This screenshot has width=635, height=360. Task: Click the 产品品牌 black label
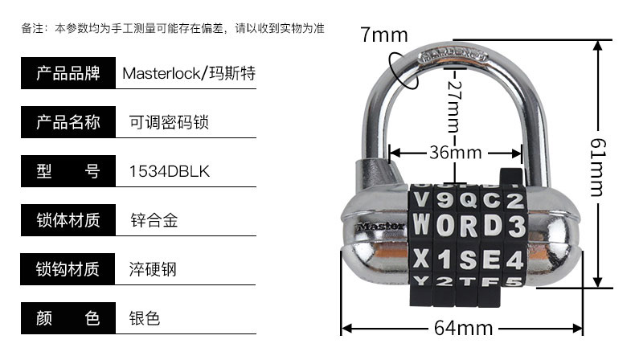[68, 74]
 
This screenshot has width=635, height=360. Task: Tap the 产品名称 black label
[68, 123]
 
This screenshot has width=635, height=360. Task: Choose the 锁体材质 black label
[68, 220]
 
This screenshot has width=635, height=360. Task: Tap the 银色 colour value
[145, 318]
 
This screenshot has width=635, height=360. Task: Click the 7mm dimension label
[384, 35]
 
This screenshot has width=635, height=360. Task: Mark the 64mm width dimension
[463, 329]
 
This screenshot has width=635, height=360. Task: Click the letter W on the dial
[422, 226]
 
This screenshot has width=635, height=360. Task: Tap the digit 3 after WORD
[516, 226]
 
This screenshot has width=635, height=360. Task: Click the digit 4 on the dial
[515, 259]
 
